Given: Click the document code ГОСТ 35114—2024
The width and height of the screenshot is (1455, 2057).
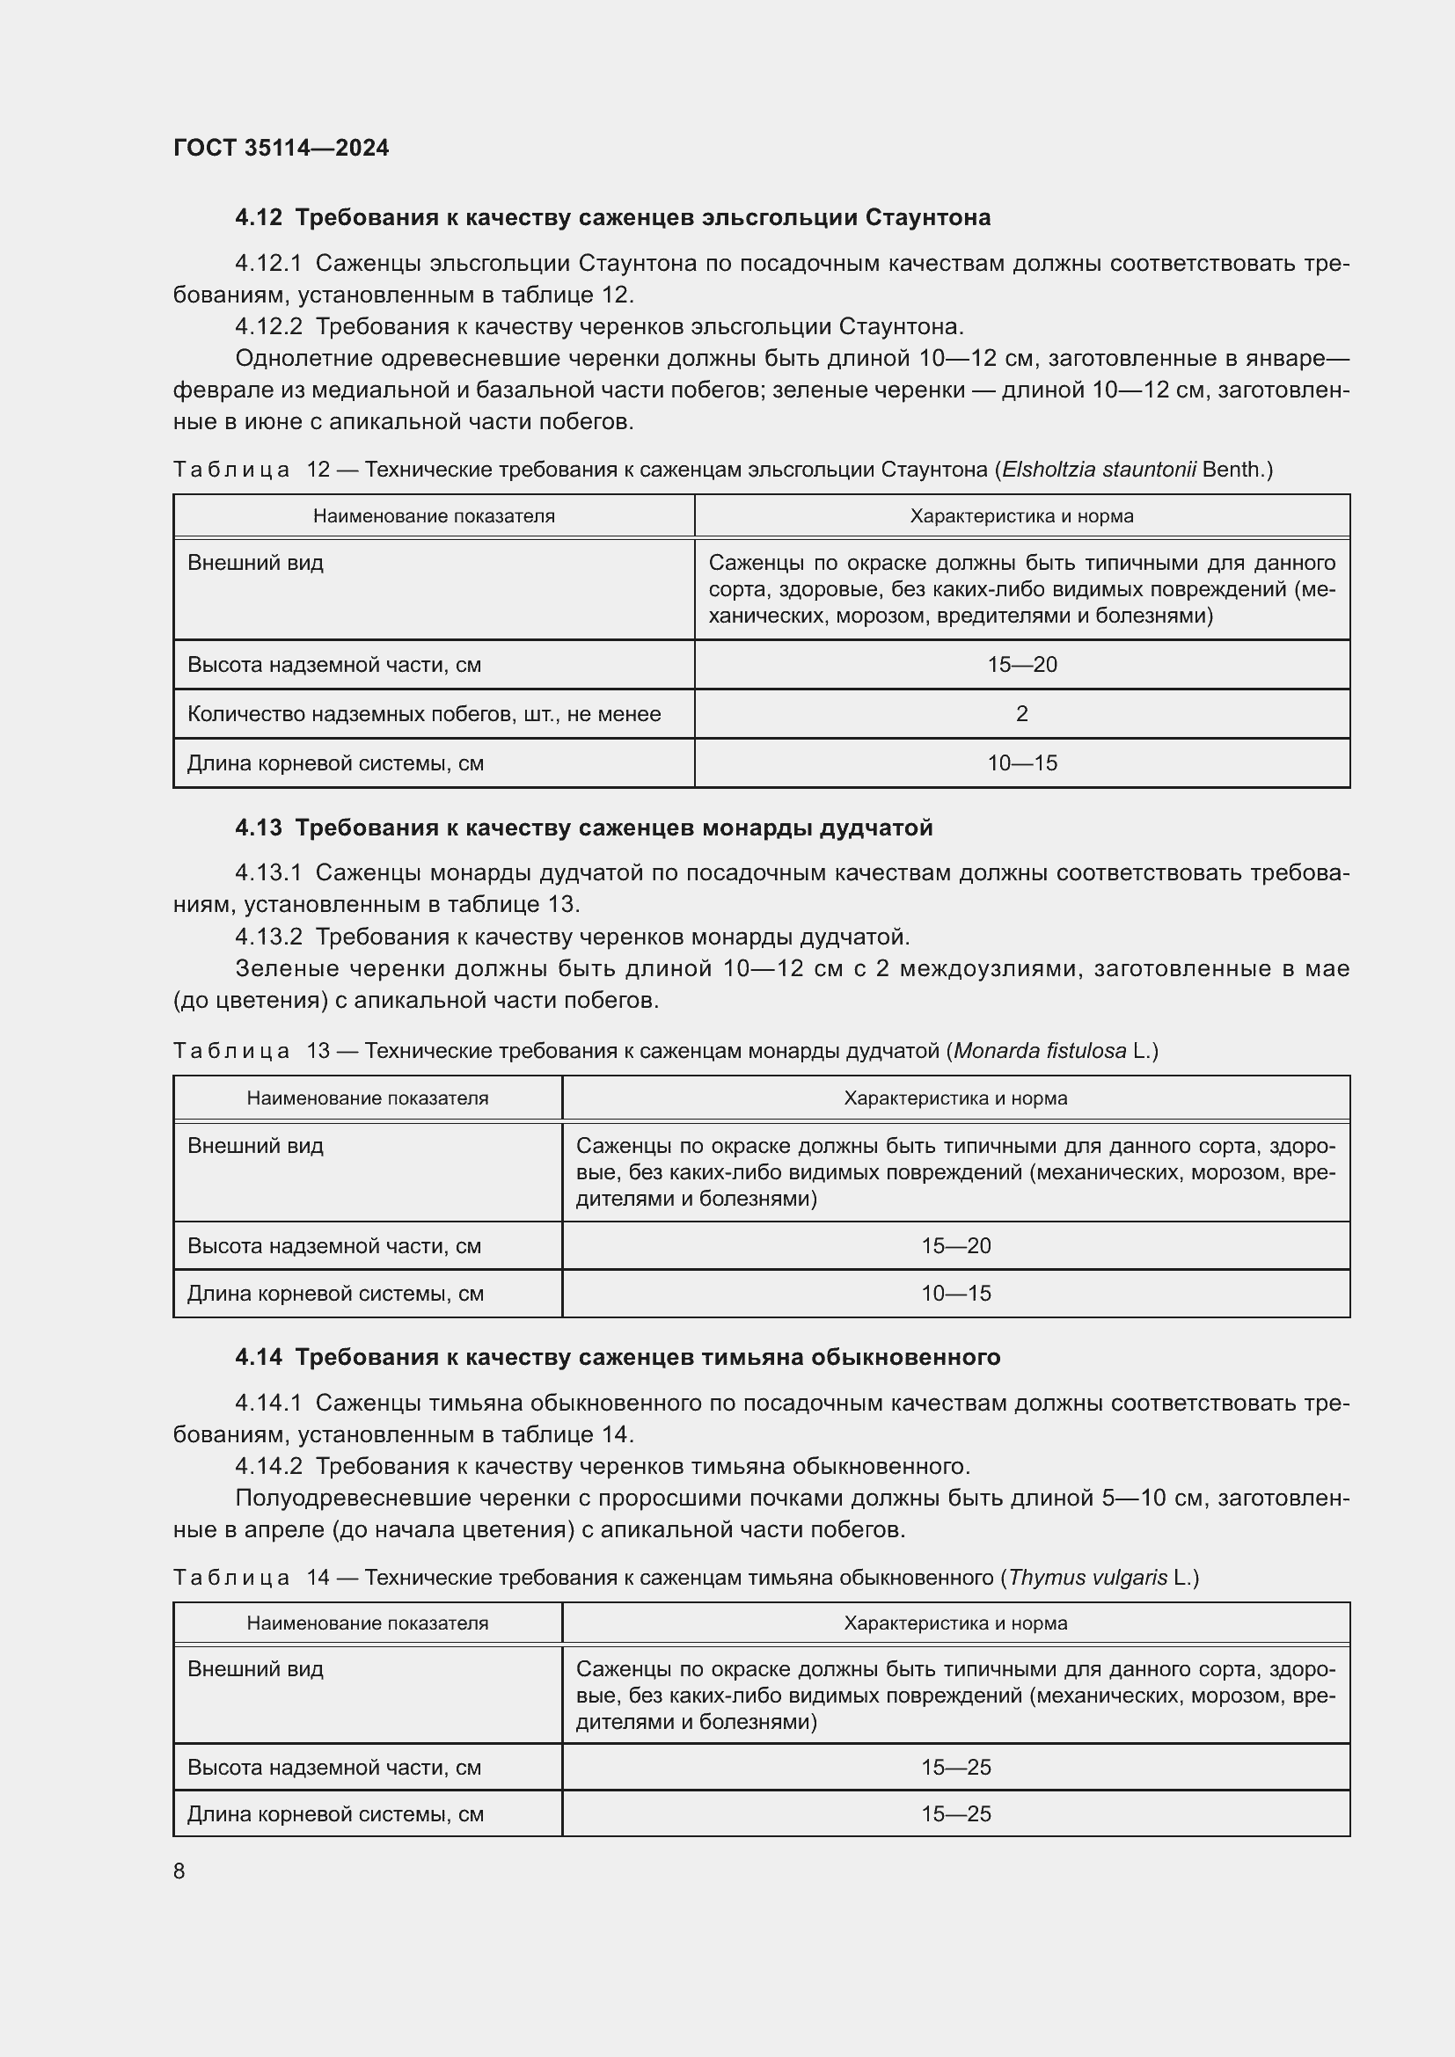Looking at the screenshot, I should pos(281,148).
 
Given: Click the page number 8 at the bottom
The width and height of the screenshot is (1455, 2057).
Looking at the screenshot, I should pos(179,1871).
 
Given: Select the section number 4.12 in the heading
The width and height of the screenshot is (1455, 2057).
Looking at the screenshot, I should pos(258,218).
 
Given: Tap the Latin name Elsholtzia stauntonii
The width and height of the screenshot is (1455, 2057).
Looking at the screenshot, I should pos(1099,470).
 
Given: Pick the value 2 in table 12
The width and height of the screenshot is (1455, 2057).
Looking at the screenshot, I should pos(1021,714).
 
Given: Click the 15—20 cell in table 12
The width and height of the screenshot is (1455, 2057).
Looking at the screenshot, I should pos(1021,665).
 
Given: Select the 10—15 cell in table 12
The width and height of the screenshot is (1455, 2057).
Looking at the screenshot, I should pos(1021,763).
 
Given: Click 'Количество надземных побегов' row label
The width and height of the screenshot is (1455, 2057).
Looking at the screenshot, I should pos(424,714).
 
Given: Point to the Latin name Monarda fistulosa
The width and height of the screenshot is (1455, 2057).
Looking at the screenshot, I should pos(1039,1051).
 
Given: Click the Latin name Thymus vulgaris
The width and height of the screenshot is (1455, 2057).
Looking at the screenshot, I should pos(1087,1578).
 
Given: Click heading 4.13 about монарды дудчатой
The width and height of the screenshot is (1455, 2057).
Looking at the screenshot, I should pos(583,828).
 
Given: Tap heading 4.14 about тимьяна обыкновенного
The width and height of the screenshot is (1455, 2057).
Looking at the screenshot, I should pos(618,1357).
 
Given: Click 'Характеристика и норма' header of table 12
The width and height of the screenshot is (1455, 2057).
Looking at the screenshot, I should pos(1021,516).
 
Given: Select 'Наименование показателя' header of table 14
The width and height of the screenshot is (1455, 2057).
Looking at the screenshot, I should pos(368,1623).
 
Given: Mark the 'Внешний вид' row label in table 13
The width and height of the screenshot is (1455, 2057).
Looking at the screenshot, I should pos(255,1146).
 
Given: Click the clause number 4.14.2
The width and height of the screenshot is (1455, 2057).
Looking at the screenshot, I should pos(269,1467).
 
